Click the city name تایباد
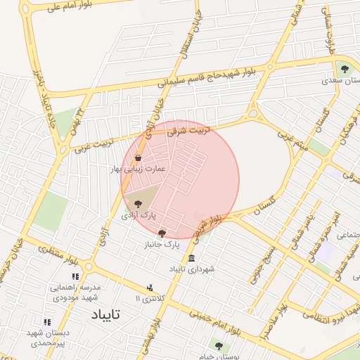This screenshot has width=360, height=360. [107, 314]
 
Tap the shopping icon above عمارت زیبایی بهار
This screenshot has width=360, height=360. [137, 157]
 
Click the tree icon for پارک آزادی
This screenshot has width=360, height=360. [138, 203]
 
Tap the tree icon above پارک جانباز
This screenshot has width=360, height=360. [162, 233]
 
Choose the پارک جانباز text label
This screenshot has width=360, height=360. [164, 245]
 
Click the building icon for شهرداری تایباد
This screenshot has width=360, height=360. [191, 258]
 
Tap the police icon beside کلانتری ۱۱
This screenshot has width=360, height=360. [150, 288]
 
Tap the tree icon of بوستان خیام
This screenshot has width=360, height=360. [219, 346]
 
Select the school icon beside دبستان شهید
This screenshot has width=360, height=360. [47, 321]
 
